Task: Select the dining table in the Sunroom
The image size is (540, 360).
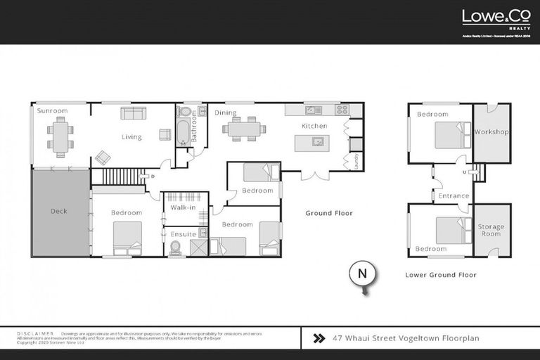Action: (x=60, y=136)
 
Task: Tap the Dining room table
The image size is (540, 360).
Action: (x=243, y=129)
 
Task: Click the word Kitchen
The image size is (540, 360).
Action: (x=314, y=126)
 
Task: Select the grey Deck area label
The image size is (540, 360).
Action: (x=58, y=211)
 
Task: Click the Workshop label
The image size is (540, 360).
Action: (x=491, y=132)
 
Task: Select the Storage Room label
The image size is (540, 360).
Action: (x=491, y=230)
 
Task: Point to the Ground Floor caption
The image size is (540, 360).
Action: (x=328, y=213)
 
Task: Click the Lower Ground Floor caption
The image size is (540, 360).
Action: (x=441, y=275)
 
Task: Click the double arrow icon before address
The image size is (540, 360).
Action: (x=318, y=337)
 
